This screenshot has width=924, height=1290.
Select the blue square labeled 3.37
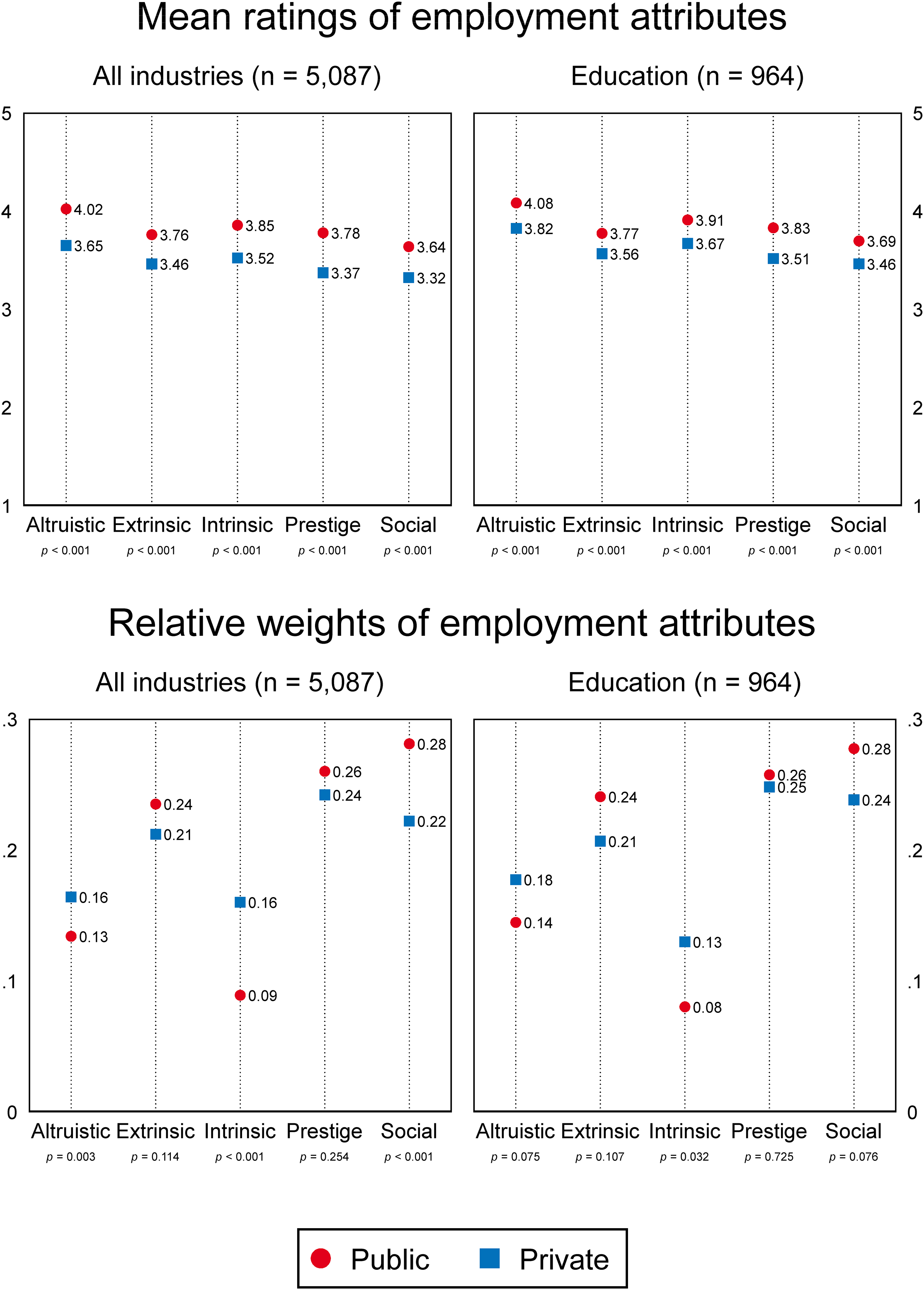323,273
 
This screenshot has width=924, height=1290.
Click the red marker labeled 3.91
687,220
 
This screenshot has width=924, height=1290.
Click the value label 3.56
624,254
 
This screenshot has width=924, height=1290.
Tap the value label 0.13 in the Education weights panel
707,943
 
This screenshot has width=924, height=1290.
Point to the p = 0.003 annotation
71,1157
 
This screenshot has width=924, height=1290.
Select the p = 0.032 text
684,1157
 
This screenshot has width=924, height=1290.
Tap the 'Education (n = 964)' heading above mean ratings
687,76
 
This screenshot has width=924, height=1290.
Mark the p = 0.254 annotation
324,1157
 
